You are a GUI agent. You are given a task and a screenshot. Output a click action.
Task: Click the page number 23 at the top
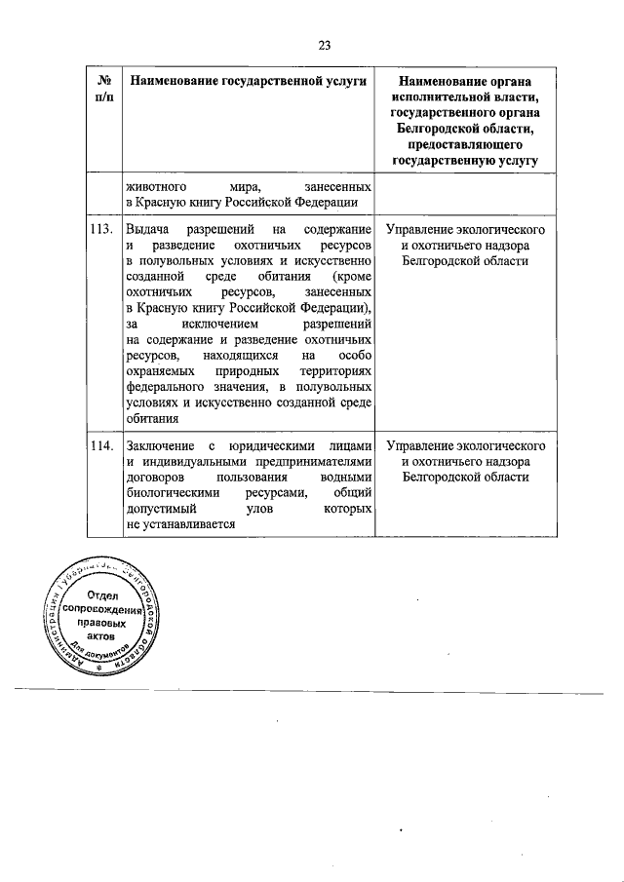pyautogui.click(x=325, y=43)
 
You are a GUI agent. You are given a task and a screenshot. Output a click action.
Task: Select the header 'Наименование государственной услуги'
pyautogui.click(x=247, y=79)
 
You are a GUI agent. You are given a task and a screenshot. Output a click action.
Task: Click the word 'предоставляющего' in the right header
pyautogui.click(x=465, y=143)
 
